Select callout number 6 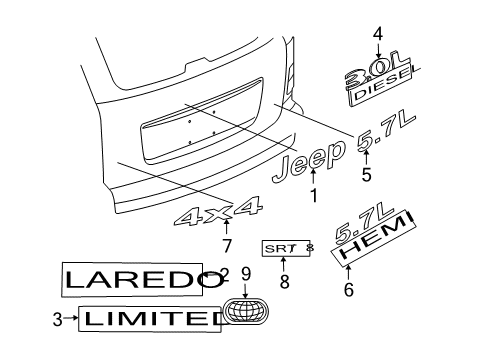click(x=349, y=291)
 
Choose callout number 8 click(x=284, y=284)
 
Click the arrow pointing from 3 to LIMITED click(x=71, y=320)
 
